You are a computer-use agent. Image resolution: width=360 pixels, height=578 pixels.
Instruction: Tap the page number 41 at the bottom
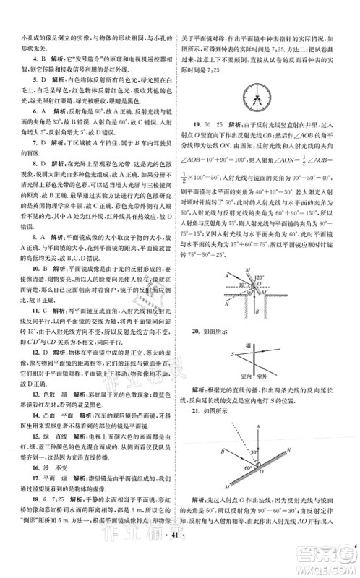[180, 560]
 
